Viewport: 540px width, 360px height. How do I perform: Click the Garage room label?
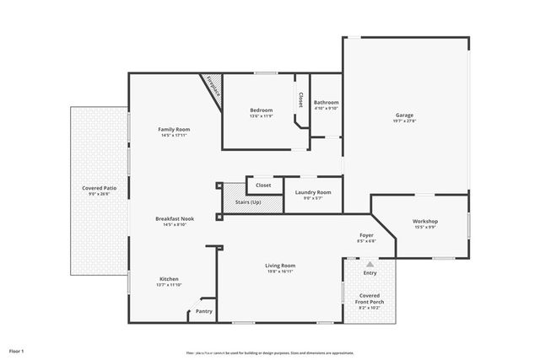click(x=405, y=115)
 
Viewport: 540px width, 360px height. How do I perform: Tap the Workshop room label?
click(x=424, y=221)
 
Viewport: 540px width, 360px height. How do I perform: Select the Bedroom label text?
click(x=261, y=110)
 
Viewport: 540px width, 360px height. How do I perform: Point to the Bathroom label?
click(x=326, y=102)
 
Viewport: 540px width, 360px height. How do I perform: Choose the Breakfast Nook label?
click(x=175, y=218)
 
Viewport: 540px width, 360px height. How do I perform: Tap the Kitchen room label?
click(x=170, y=279)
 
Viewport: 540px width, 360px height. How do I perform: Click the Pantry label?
click(x=203, y=311)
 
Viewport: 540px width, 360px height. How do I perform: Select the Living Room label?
click(x=280, y=265)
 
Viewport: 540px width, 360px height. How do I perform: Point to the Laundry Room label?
click(x=312, y=192)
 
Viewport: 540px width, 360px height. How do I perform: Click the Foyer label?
click(x=366, y=235)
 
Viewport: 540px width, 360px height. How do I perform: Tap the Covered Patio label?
click(x=99, y=187)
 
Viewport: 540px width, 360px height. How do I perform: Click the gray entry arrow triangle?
click(x=370, y=264)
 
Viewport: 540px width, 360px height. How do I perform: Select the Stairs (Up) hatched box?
click(x=248, y=202)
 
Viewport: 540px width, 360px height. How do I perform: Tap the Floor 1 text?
click(x=17, y=350)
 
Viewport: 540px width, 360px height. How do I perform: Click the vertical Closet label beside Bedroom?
click(x=300, y=99)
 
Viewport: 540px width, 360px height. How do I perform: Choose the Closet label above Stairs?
click(x=263, y=184)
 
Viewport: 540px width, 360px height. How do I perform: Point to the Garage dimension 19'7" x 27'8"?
click(x=405, y=121)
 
